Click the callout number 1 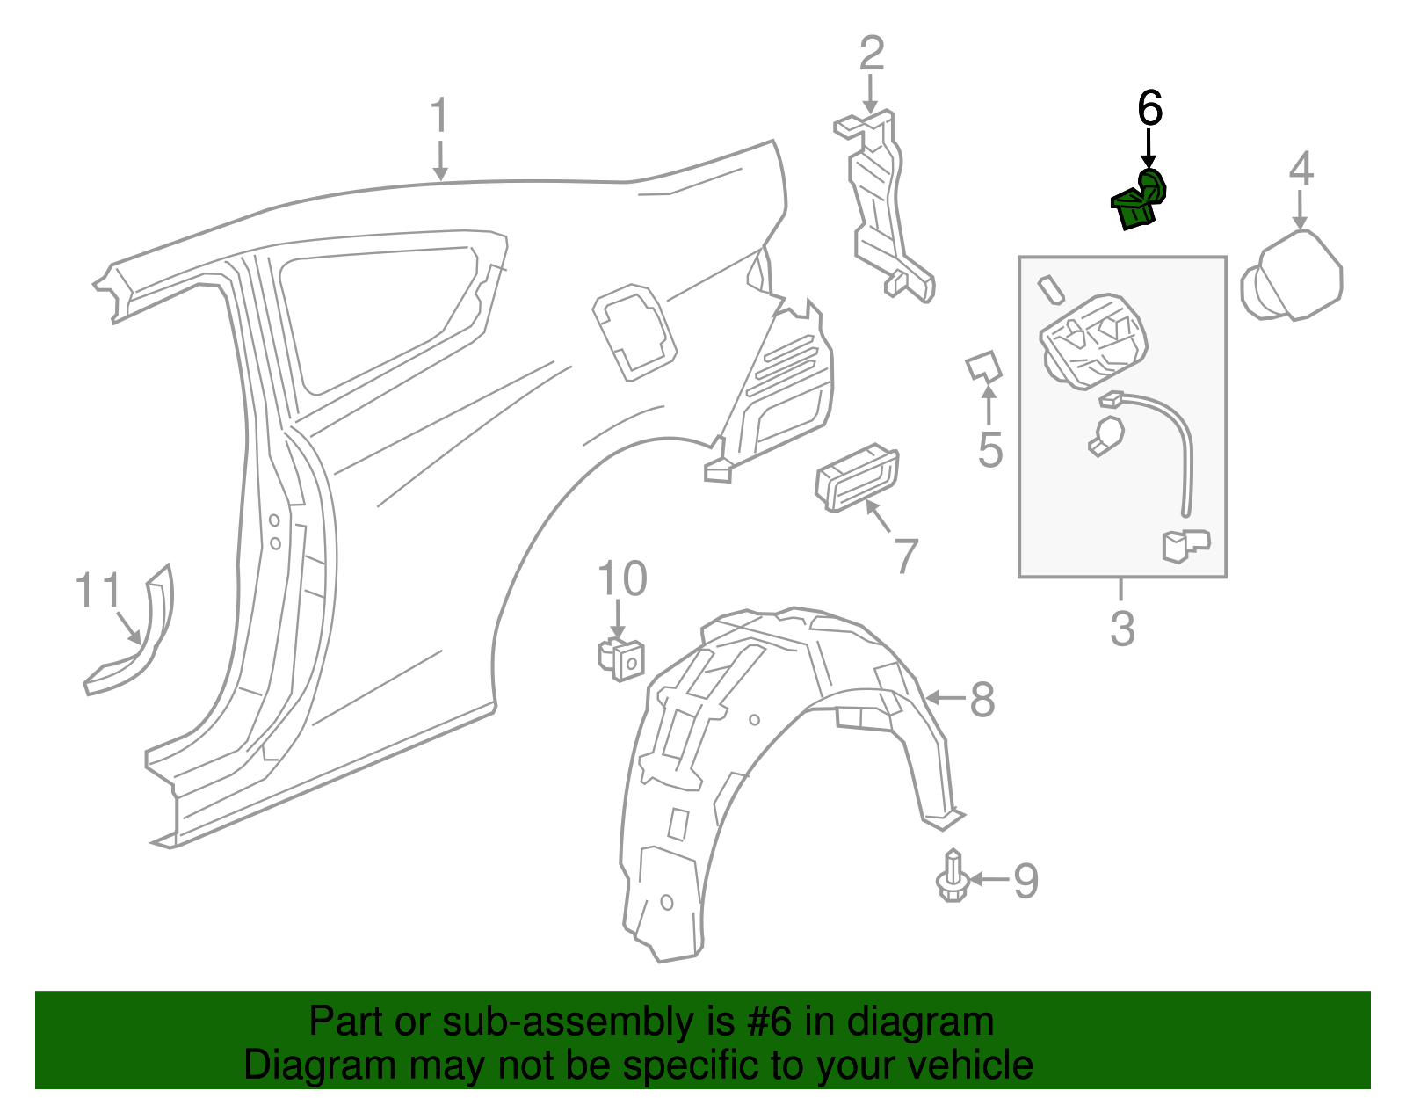[x=439, y=116]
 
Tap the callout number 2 [x=871, y=54]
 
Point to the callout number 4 [x=1301, y=169]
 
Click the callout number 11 [x=98, y=590]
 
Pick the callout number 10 [x=622, y=578]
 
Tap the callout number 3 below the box [x=1122, y=628]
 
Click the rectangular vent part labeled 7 [x=858, y=477]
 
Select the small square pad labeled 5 [x=983, y=367]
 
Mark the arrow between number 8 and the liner [x=946, y=698]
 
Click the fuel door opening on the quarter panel [x=634, y=332]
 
